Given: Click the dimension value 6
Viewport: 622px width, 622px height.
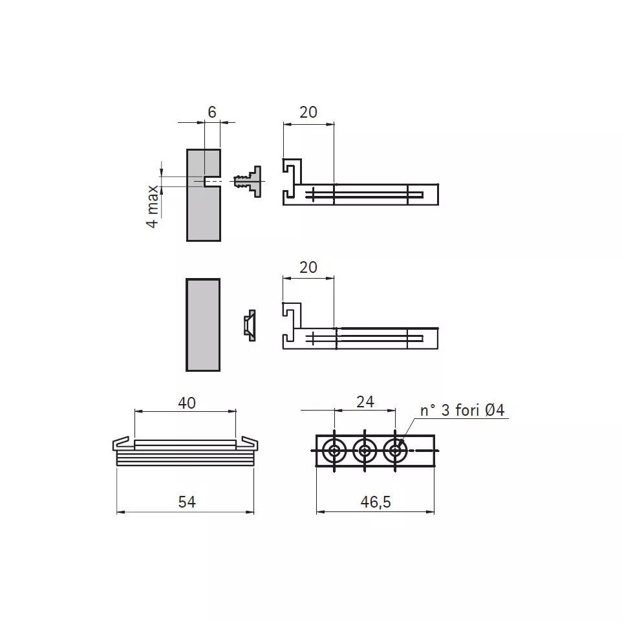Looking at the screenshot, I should pyautogui.click(x=211, y=112).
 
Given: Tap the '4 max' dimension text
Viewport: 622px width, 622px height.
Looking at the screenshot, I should pyautogui.click(x=153, y=206).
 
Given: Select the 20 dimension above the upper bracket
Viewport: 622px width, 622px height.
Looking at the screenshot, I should pyautogui.click(x=308, y=112).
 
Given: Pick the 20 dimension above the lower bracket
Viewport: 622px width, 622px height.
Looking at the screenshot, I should pyautogui.click(x=308, y=267).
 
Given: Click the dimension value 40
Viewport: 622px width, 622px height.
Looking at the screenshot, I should pyautogui.click(x=187, y=403).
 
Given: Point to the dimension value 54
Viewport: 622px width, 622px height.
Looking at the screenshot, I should pyautogui.click(x=187, y=501).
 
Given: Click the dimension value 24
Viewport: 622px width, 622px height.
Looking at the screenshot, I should pyautogui.click(x=365, y=402).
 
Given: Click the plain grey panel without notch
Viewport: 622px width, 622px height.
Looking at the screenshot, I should pyautogui.click(x=203, y=325).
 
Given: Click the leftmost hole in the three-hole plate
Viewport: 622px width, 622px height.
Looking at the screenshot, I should pyautogui.click(x=334, y=451).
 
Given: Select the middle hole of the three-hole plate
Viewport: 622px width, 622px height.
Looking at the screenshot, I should pyautogui.click(x=365, y=451).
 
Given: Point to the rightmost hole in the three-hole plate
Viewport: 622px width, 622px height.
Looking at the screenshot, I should pyautogui.click(x=395, y=451).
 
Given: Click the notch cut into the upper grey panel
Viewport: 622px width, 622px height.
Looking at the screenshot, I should pyautogui.click(x=212, y=181).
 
